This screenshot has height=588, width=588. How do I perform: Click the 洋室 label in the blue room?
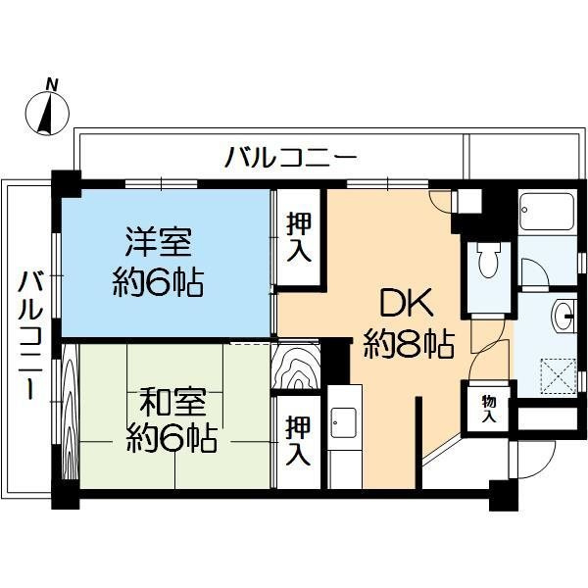tap(157, 240)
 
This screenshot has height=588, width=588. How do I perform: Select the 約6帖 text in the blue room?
tap(157, 283)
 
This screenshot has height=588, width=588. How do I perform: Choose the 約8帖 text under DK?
tap(407, 344)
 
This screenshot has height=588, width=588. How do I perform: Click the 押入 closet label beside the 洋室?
tap(298, 237)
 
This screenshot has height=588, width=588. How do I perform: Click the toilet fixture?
tap(488, 261)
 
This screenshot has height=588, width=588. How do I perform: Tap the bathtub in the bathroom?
tap(549, 212)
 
